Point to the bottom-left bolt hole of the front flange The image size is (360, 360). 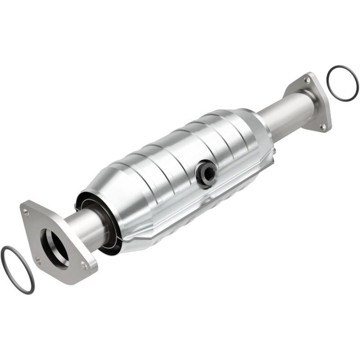coord(37,260)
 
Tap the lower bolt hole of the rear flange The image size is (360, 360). coord(322,126)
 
